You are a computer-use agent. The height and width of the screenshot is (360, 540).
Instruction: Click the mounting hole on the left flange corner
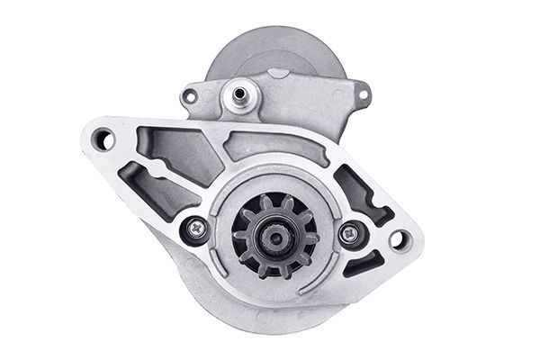pyautogui.click(x=103, y=138)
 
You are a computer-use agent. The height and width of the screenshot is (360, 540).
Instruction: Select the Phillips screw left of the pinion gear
pyautogui.click(x=195, y=229)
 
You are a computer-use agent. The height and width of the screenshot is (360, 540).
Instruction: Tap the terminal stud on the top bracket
pyautogui.click(x=240, y=90)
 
